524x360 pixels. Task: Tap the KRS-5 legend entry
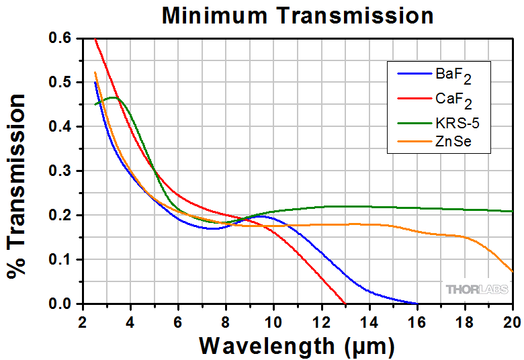click(457, 123)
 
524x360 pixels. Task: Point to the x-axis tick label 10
click(273, 320)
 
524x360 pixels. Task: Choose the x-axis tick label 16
click(417, 320)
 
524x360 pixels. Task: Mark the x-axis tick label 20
click(512, 320)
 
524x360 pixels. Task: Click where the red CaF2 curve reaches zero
click(345, 303)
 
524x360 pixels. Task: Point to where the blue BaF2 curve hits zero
click(417, 304)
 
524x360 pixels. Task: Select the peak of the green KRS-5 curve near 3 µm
click(112, 97)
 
